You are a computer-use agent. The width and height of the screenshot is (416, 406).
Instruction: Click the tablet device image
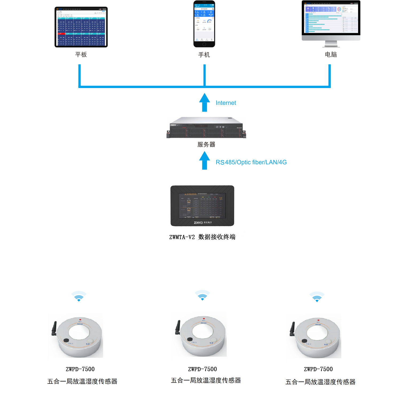(x=81, y=27)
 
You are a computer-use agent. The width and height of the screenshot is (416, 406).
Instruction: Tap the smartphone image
(x=204, y=24)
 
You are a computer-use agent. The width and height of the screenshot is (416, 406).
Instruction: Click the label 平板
(x=81, y=55)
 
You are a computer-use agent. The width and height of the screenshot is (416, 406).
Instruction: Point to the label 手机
(x=204, y=55)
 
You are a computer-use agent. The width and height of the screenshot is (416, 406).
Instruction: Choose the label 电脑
(x=331, y=55)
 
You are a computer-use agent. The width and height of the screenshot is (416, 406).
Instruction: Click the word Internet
(x=226, y=103)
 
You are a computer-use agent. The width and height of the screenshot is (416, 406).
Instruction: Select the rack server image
(x=206, y=128)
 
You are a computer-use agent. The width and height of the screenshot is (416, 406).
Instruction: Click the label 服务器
(x=206, y=145)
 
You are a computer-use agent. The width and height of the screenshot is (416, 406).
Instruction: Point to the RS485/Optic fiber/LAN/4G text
(x=251, y=162)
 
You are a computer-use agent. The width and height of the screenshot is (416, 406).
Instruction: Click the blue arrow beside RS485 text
(x=205, y=160)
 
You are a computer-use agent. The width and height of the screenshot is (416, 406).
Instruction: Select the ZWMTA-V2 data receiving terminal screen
(x=202, y=206)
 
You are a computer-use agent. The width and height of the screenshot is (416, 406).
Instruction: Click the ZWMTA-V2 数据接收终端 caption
(x=202, y=237)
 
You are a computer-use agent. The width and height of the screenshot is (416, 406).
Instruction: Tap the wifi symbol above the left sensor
(x=79, y=297)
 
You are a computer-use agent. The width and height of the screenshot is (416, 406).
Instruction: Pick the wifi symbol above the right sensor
(x=317, y=297)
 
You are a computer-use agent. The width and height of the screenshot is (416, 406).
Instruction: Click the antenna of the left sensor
(x=54, y=328)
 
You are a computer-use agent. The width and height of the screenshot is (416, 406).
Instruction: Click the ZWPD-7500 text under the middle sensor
(x=202, y=369)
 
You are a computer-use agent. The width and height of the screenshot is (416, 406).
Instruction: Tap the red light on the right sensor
(x=318, y=319)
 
